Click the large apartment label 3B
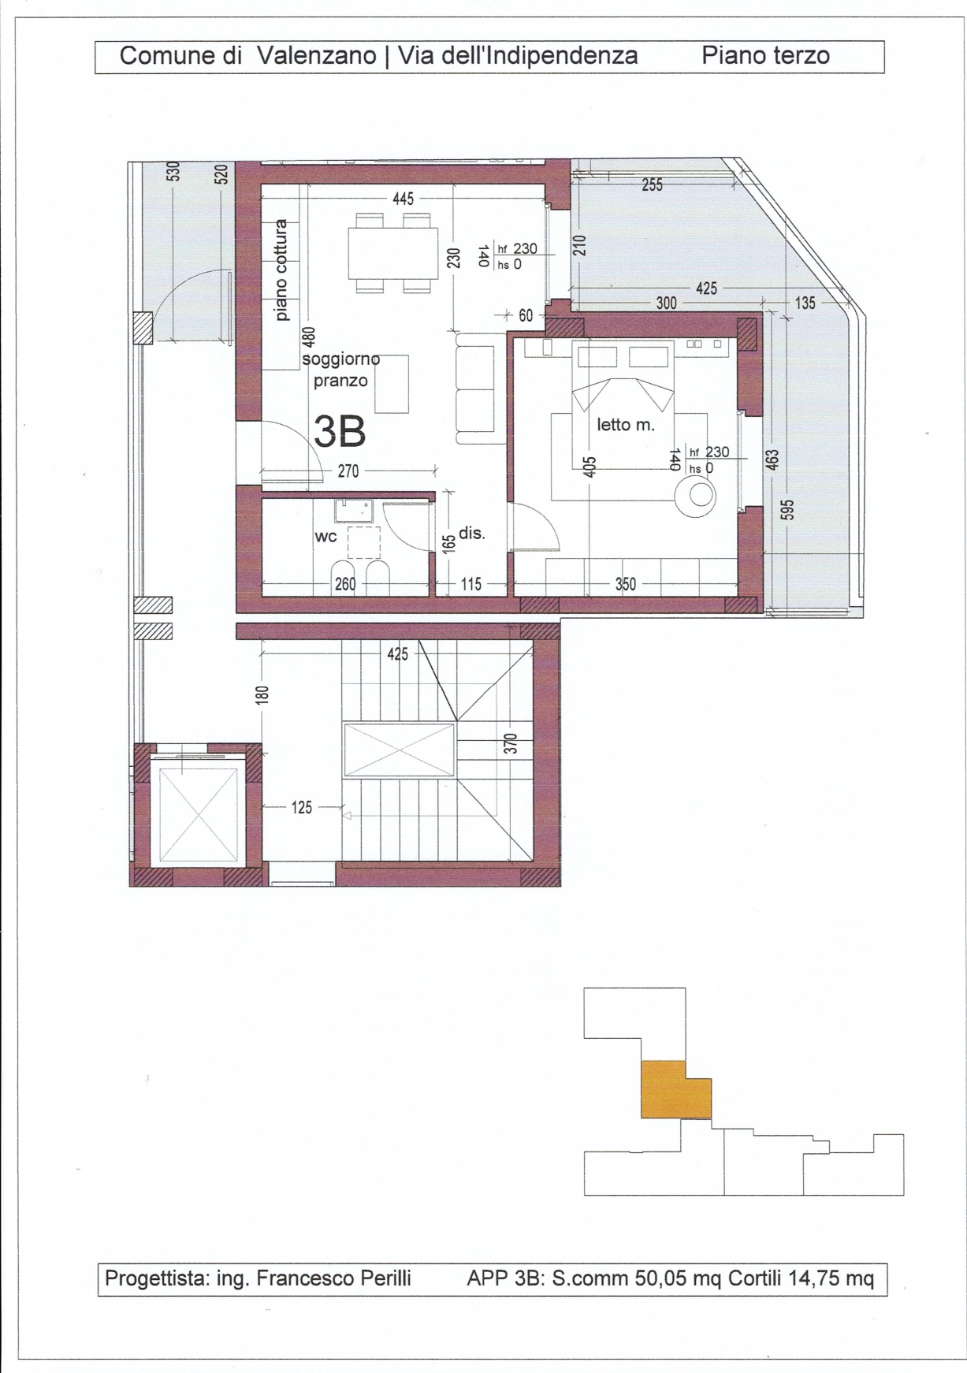click(340, 431)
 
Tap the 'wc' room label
click(326, 537)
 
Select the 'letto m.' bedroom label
click(626, 425)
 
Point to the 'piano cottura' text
click(281, 270)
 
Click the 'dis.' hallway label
click(471, 533)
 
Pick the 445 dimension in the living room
click(403, 199)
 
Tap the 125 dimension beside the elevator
click(302, 807)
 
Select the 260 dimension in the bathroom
click(345, 584)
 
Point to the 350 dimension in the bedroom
click(626, 584)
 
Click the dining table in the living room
click(393, 253)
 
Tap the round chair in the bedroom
click(697, 495)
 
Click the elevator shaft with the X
click(198, 816)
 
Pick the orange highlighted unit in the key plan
click(675, 1089)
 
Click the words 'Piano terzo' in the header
click(765, 56)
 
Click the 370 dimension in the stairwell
click(510, 744)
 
